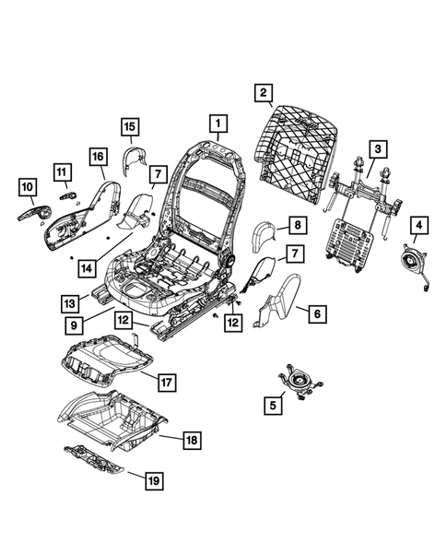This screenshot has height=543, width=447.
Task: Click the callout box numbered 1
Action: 218,122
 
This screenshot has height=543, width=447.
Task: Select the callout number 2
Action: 264,92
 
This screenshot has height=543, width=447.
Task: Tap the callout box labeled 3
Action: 376,149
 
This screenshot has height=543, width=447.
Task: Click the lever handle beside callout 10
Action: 31,213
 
